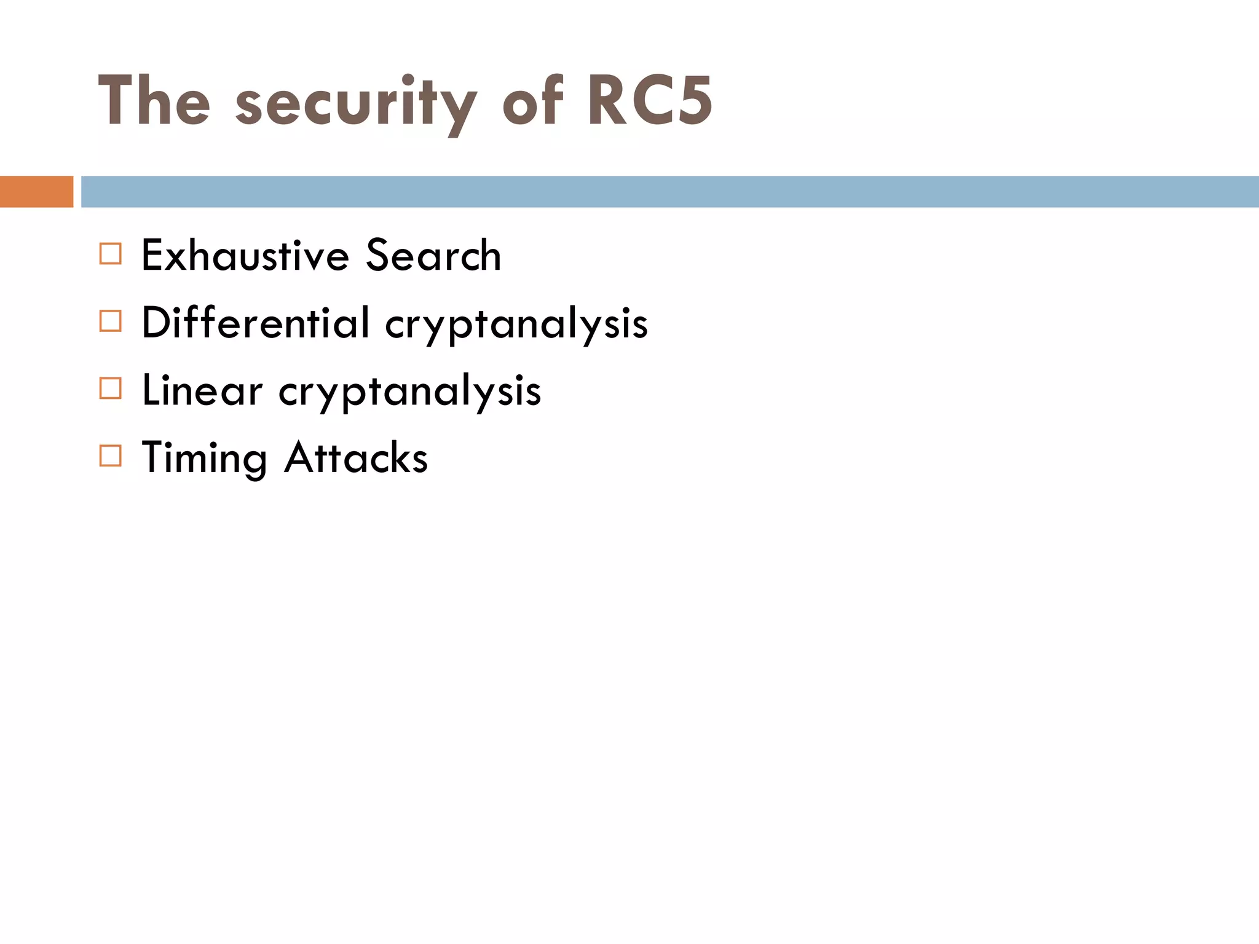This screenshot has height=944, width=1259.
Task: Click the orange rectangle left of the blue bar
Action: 36,192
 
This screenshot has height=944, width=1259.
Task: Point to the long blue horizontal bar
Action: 670,192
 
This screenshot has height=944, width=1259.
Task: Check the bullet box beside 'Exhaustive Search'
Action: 111,254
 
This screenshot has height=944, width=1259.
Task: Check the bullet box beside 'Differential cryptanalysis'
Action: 111,321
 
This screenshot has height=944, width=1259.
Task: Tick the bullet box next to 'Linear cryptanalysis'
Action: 111,389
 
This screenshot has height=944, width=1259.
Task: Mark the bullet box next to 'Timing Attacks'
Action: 111,456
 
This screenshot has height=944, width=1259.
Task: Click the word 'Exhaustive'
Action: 245,255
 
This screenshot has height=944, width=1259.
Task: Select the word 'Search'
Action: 433,255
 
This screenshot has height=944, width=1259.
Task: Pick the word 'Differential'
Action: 256,323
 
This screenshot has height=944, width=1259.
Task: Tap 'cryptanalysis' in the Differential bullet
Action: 516,326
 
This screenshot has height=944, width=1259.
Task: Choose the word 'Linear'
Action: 202,390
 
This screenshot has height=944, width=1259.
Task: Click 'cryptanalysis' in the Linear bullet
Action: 410,393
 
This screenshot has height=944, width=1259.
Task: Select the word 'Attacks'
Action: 356,458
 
